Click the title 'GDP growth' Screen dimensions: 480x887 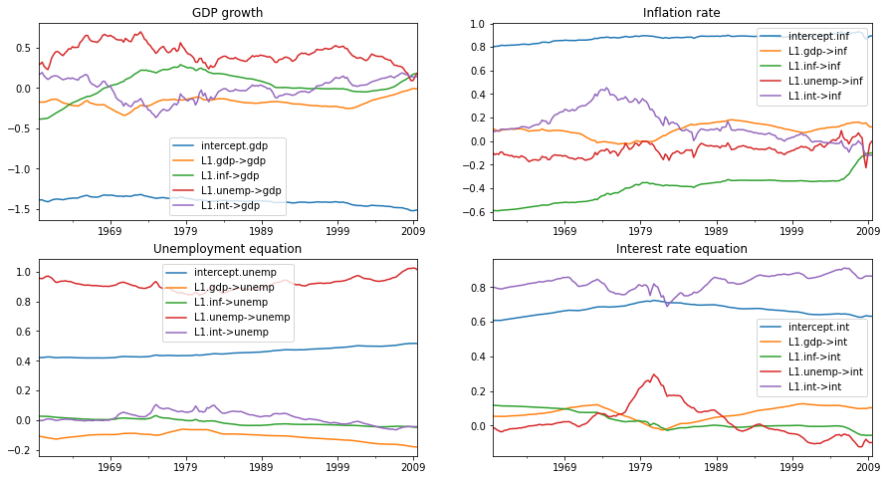point(228,12)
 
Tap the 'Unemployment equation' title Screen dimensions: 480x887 point(228,248)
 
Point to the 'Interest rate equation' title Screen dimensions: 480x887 point(681,248)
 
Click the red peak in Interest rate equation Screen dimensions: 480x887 point(653,375)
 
